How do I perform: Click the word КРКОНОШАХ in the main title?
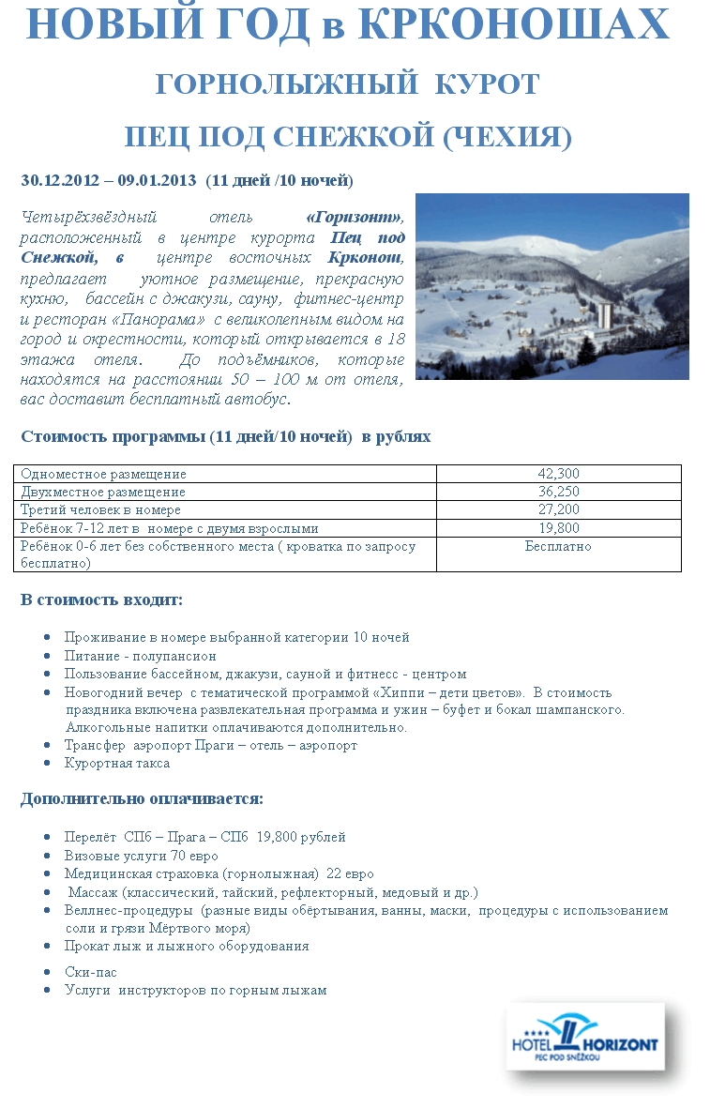pyautogui.click(x=514, y=25)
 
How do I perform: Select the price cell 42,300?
pyautogui.click(x=558, y=474)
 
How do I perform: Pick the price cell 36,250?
pyautogui.click(x=558, y=492)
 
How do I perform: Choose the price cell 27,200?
pyautogui.click(x=558, y=509)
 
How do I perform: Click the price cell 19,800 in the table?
pyautogui.click(x=558, y=527)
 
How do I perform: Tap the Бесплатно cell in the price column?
pyautogui.click(x=558, y=546)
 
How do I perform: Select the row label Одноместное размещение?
pyautogui.click(x=103, y=474)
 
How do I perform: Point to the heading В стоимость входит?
pyautogui.click(x=101, y=600)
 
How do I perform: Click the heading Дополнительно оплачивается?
pyautogui.click(x=142, y=799)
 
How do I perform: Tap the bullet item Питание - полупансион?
pyautogui.click(x=140, y=656)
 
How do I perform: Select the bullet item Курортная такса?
pyautogui.click(x=117, y=763)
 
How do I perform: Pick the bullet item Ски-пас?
pyautogui.click(x=91, y=972)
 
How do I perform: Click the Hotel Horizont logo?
pyautogui.click(x=585, y=1038)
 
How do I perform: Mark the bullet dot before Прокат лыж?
pyautogui.click(x=47, y=946)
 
